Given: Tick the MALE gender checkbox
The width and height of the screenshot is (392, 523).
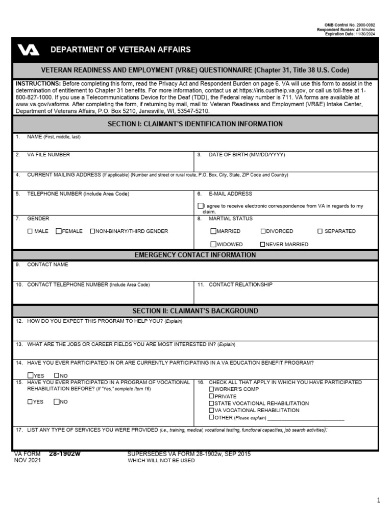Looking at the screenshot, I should [x=30, y=231].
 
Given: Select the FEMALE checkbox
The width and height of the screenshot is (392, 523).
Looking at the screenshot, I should [x=59, y=231].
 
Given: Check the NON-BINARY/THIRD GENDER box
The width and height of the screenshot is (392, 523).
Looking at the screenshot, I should [x=92, y=231].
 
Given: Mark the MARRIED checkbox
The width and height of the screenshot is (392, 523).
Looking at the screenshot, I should [x=213, y=231].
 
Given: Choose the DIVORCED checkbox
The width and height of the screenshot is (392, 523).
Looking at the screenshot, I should [x=263, y=231].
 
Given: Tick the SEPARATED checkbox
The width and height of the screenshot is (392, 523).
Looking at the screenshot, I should [x=320, y=231].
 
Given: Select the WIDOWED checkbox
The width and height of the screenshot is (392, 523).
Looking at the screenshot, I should [x=213, y=244].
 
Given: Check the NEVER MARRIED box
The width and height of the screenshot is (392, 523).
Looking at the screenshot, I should [x=263, y=244].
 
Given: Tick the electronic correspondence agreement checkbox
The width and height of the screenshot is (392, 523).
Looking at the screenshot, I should [x=200, y=206].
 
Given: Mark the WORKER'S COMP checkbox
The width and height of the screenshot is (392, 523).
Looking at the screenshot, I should [x=211, y=389].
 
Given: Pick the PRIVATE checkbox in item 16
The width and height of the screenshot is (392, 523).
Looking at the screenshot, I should [x=211, y=396].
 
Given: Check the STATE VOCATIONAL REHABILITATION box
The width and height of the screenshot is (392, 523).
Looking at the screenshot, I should [x=211, y=403].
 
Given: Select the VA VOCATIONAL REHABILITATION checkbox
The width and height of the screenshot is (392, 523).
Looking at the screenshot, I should [x=211, y=410].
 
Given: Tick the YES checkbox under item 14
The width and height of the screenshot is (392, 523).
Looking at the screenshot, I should [x=30, y=375].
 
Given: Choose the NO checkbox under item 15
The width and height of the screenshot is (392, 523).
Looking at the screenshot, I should [x=57, y=402].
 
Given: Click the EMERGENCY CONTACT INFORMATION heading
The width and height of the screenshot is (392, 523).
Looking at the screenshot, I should [x=195, y=255].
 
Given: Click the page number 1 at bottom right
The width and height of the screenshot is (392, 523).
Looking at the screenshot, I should [x=378, y=501].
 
